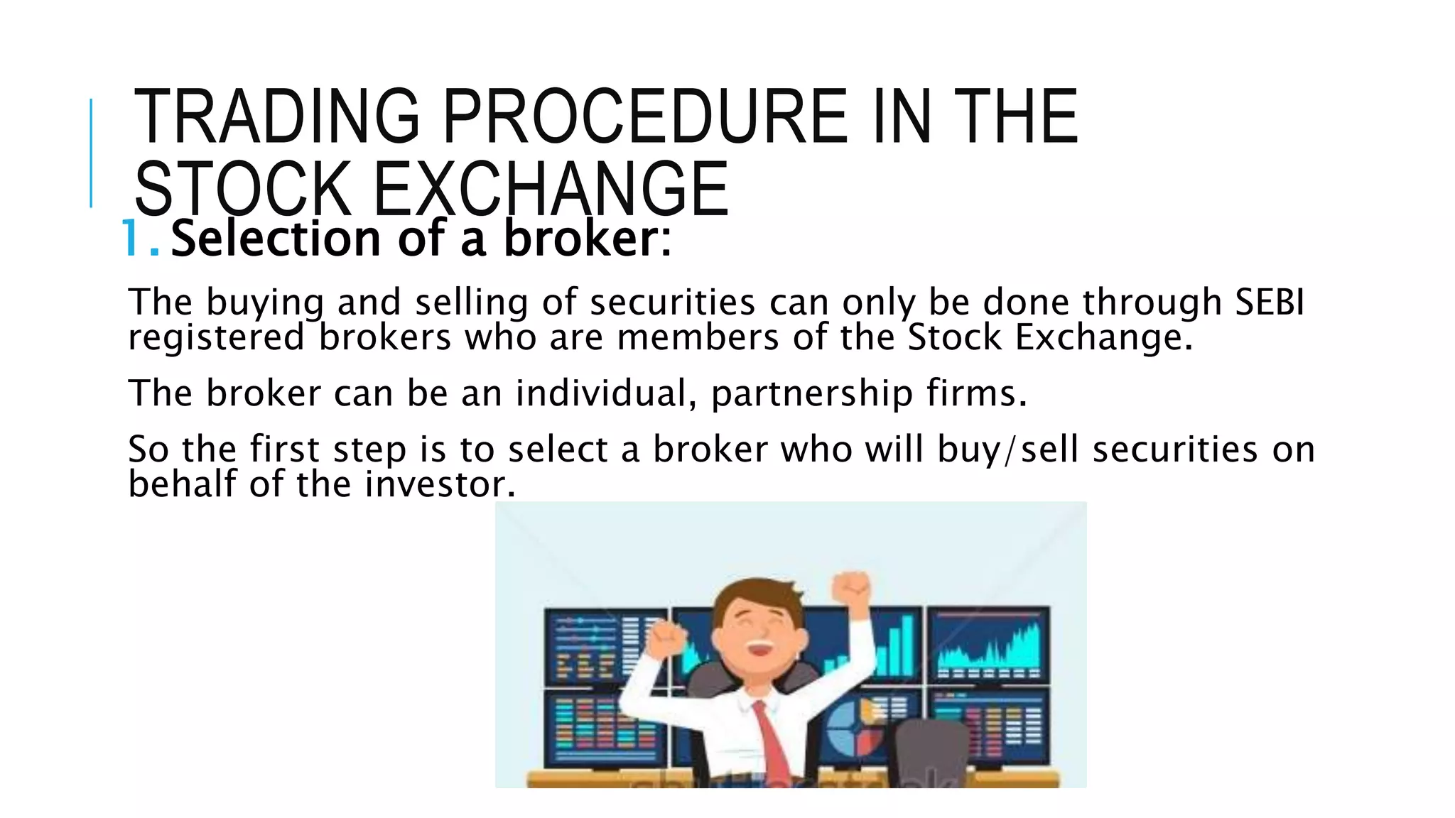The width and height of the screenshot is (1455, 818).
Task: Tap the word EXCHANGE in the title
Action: pos(551,189)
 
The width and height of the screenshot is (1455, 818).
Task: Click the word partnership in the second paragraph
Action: pos(811,393)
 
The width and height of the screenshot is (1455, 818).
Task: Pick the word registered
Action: pos(216,337)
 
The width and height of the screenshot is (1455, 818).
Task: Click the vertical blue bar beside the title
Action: pos(91,153)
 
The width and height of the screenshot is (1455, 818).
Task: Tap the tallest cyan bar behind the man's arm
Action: pos(907,643)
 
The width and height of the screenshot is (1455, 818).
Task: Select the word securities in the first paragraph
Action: pos(672,302)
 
